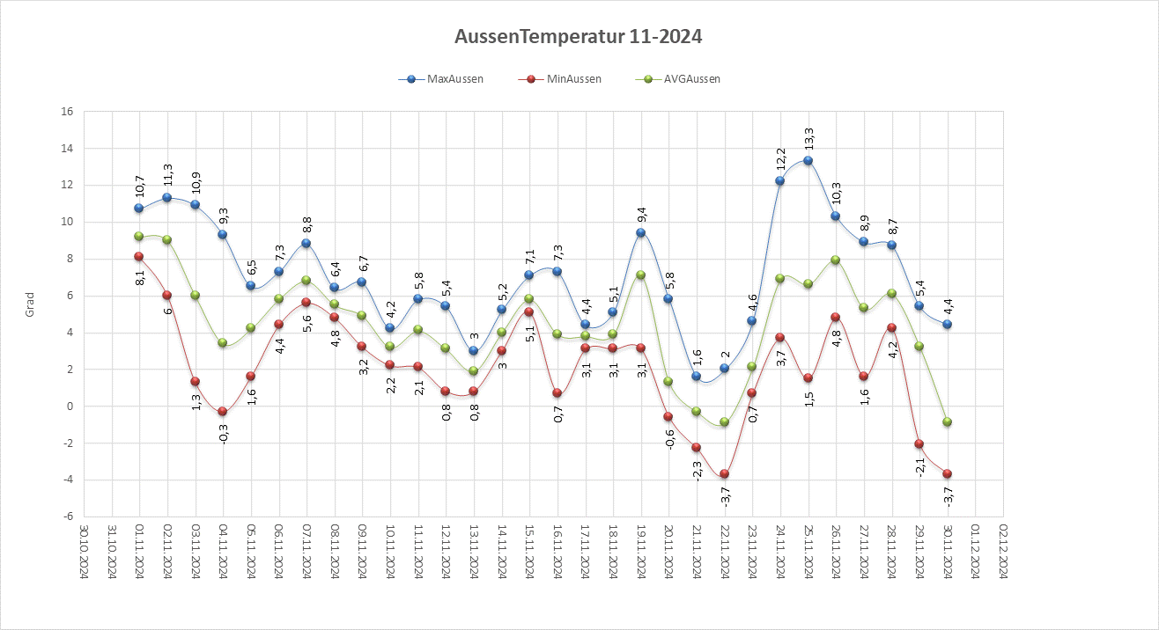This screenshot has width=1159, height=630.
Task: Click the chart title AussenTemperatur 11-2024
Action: [x=579, y=37]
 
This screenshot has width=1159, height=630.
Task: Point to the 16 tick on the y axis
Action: [x=66, y=112]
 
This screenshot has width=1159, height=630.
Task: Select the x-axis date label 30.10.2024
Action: [x=85, y=552]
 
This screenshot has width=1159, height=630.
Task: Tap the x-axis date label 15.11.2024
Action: [x=530, y=552]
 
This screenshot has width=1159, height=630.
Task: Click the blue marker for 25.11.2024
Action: [x=808, y=161]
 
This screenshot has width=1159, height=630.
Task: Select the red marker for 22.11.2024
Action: [x=724, y=474]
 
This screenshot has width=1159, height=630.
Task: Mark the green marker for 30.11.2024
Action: [x=947, y=422]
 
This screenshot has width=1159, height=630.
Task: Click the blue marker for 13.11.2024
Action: [x=473, y=351]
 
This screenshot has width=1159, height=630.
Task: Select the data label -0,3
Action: [x=223, y=432]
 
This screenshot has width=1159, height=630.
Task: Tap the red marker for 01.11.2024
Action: [x=139, y=257]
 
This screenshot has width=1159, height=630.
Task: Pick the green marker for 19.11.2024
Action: [x=640, y=275]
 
